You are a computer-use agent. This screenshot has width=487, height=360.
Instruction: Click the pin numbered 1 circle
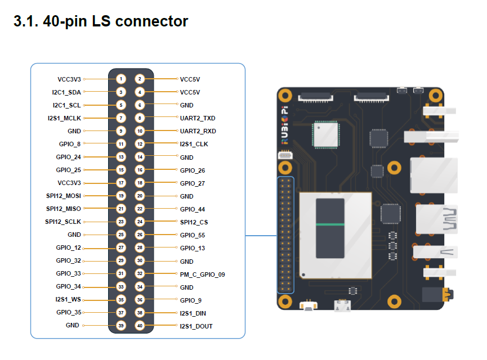tap(120, 79)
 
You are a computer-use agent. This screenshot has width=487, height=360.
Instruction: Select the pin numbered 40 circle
tap(140, 326)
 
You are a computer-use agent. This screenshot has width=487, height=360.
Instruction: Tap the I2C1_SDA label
tap(66, 92)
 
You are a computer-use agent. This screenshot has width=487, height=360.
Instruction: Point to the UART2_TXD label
tap(197, 118)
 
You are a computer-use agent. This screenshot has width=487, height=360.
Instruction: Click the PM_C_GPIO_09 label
tap(202, 274)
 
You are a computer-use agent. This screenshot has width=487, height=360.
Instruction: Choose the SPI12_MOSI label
tap(64, 196)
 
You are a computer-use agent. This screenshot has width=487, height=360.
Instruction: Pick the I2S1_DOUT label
tap(196, 326)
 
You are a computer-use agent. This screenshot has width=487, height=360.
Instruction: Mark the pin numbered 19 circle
tap(120, 196)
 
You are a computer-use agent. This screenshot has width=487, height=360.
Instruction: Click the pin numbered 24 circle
tap(140, 222)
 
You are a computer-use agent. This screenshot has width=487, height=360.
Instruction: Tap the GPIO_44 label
tap(193, 209)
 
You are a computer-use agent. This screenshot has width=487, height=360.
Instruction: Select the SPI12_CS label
tap(195, 222)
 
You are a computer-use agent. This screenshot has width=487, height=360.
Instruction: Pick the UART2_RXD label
tap(198, 131)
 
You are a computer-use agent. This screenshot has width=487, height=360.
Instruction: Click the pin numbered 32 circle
tap(140, 274)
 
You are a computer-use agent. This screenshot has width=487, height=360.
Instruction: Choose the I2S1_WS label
tap(68, 300)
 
